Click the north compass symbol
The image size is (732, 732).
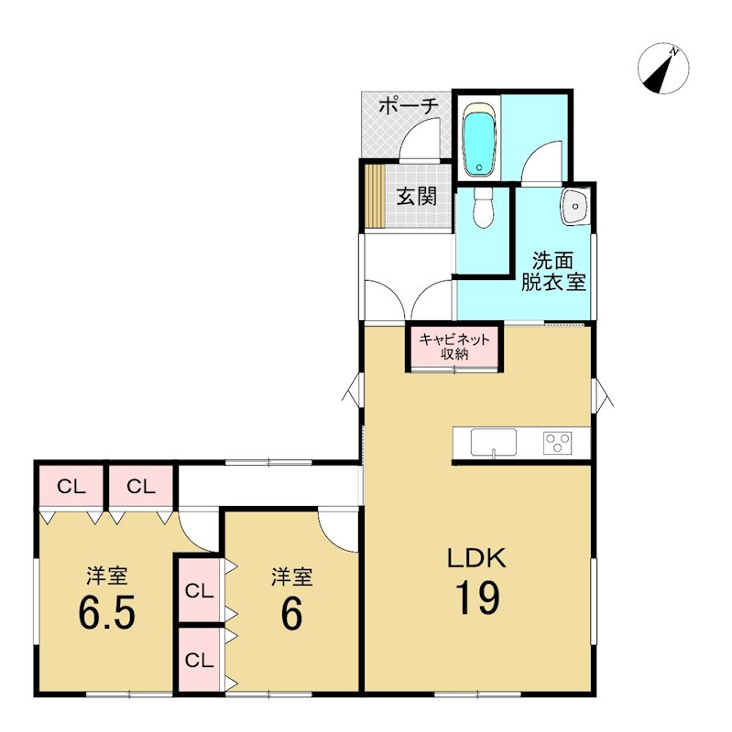(x=663, y=68)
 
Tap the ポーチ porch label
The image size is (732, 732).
(x=409, y=107)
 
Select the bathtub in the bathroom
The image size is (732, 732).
(x=478, y=140)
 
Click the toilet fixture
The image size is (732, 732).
(x=482, y=209)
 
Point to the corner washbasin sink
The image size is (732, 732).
(x=575, y=206)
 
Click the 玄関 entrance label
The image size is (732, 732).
(x=417, y=197)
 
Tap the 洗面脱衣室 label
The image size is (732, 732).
(x=553, y=272)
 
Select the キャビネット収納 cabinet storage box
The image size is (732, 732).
(x=454, y=347)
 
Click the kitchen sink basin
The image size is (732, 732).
(x=494, y=442)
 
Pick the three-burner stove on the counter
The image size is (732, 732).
(x=557, y=443)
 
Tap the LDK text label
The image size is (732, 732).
(x=477, y=558)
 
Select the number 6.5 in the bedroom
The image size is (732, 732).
(x=107, y=612)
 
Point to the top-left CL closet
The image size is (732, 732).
(x=71, y=488)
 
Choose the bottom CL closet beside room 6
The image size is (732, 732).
(x=199, y=660)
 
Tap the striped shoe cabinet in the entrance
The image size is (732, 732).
(x=375, y=196)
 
